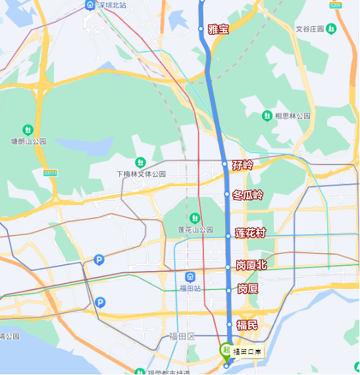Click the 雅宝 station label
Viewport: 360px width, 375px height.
[218, 29]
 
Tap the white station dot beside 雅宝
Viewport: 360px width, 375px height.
[201, 28]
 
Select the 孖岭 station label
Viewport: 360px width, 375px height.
[242, 164]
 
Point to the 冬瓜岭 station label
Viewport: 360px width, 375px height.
[247, 195]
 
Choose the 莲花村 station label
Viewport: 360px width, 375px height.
[250, 234]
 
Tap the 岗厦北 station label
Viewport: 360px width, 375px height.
[251, 266]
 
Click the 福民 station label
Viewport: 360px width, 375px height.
[247, 324]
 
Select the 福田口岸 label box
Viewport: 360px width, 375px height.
[248, 352]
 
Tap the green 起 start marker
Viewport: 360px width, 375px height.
[226, 350]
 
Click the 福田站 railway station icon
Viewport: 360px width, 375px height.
[190, 276]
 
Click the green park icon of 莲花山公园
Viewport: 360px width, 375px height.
[195, 218]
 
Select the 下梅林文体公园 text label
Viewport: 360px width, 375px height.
[141, 174]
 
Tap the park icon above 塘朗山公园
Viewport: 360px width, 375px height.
[28, 130]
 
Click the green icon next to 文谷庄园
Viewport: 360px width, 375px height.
[331, 28]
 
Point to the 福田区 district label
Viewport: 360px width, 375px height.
[182, 336]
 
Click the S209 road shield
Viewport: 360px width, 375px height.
[336, 5]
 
